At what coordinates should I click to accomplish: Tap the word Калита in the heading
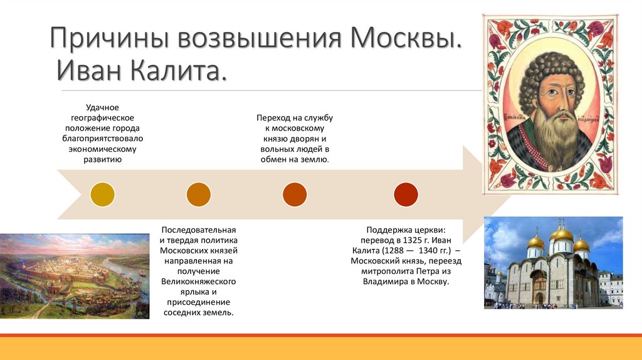[179, 70]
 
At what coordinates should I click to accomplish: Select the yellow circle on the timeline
[102, 194]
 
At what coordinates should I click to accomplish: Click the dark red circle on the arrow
[406, 194]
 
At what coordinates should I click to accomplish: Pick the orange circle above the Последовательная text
[199, 194]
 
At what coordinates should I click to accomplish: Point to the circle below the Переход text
[295, 194]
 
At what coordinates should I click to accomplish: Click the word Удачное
[102, 108]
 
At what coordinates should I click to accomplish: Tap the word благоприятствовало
[102, 139]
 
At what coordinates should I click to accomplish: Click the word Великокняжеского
[199, 282]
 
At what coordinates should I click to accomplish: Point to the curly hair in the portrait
[551, 70]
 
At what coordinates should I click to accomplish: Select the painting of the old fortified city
[75, 276]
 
